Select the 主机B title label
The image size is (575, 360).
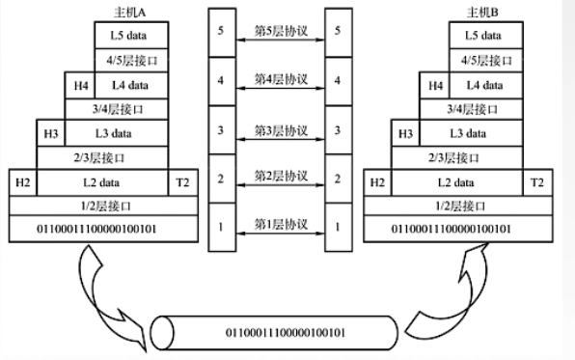[x=483, y=14]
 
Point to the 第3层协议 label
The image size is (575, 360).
[x=280, y=128]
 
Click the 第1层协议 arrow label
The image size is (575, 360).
[x=280, y=224]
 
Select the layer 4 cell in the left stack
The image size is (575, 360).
[x=221, y=80]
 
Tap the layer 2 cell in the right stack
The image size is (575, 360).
[x=336, y=178]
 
